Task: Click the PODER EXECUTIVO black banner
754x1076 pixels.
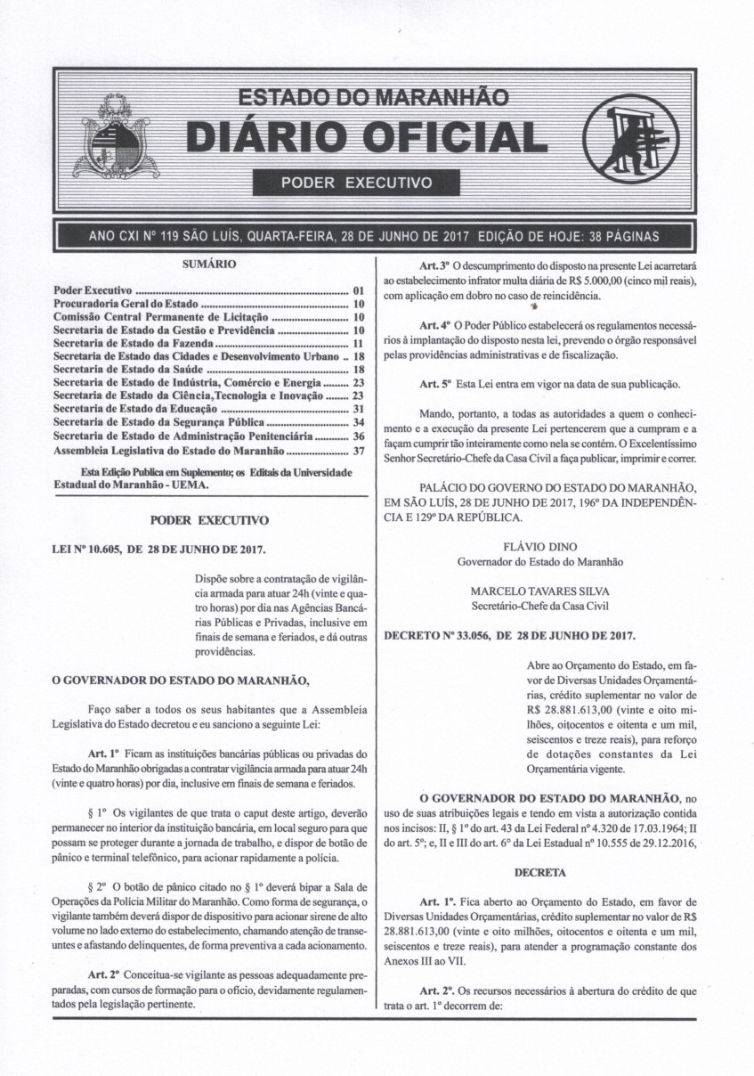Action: tap(356, 183)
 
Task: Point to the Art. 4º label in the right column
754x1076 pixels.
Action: tap(434, 326)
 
